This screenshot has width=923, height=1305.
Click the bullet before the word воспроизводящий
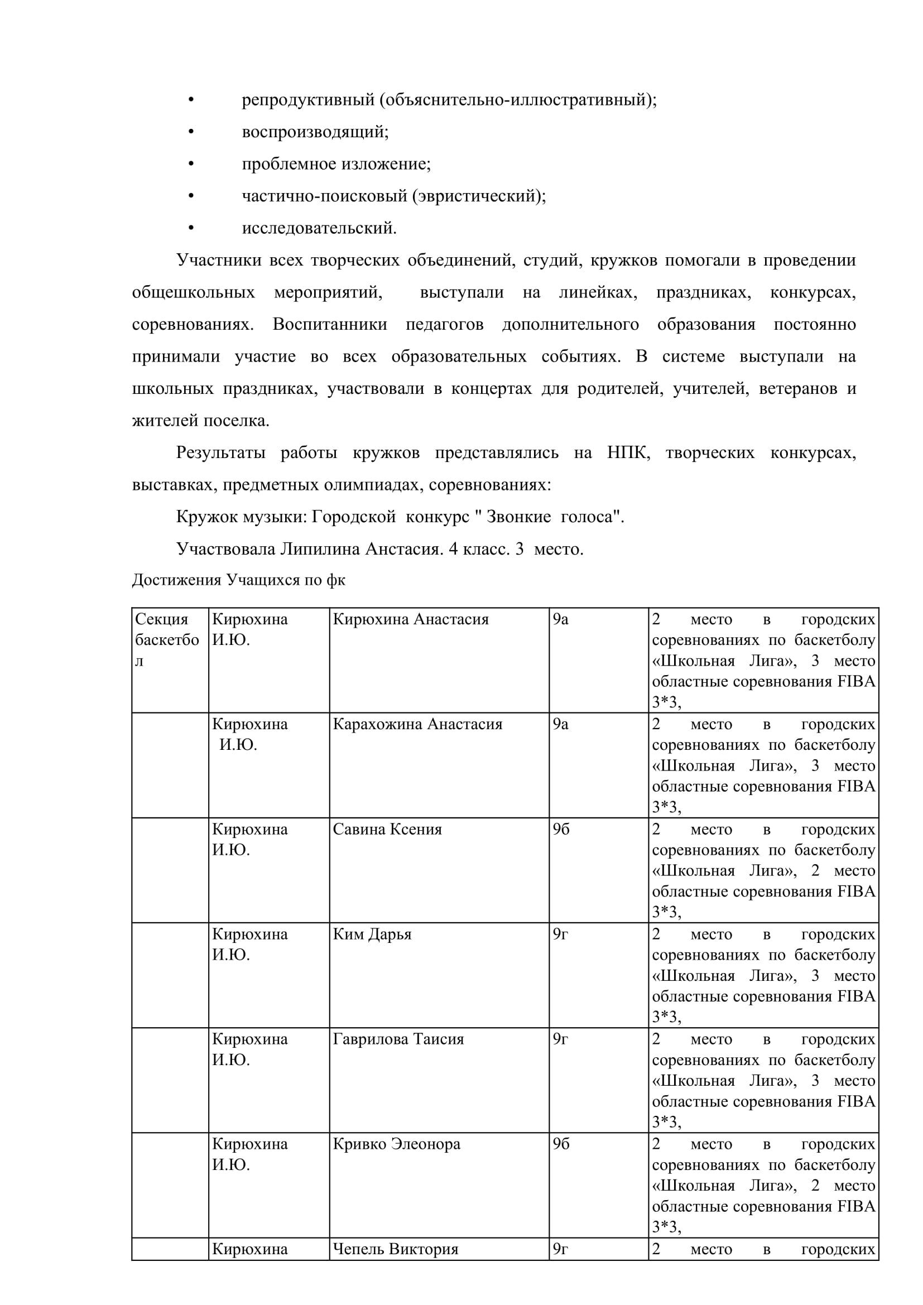[x=191, y=132]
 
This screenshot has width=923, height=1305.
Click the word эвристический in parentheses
[x=478, y=196]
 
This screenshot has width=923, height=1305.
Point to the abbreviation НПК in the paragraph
[x=628, y=453]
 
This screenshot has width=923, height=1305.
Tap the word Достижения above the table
[x=176, y=580]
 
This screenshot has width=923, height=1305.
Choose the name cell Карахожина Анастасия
[x=418, y=724]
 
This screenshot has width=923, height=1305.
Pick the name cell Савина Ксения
[x=387, y=829]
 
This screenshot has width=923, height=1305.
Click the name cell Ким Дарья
[x=372, y=934]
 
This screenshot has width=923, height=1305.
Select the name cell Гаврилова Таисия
[x=398, y=1039]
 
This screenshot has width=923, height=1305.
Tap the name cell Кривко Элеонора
[x=396, y=1144]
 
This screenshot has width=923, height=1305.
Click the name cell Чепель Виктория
[x=395, y=1249]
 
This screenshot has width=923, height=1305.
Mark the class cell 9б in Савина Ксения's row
[x=560, y=829]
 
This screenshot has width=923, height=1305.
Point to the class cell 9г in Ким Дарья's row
[x=560, y=934]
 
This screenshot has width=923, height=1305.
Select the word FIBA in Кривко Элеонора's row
[x=857, y=1206]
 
